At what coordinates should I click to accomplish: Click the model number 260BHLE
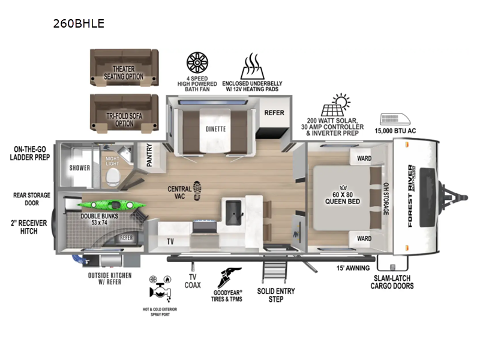(x=79, y=23)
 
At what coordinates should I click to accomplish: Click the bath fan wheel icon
(x=197, y=62)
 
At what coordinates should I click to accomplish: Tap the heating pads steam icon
(x=252, y=65)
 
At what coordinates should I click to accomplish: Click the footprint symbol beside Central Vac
(x=197, y=191)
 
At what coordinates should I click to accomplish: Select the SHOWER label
(x=79, y=168)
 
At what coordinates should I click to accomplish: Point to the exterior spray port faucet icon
(x=160, y=291)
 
